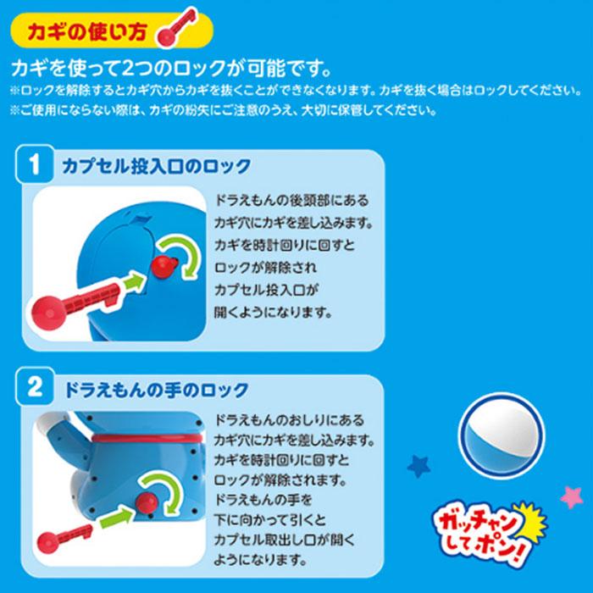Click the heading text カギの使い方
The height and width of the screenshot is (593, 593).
87,31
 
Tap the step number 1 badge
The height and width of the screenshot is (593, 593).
35,164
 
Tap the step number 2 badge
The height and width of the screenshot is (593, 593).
35,386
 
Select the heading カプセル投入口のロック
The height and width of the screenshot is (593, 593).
157,166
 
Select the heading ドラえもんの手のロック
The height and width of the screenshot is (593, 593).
157,389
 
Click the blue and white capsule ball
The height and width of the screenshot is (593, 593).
502,435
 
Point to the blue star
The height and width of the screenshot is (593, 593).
419,466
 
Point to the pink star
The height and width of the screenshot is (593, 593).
572,497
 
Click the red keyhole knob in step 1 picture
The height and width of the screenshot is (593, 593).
164,267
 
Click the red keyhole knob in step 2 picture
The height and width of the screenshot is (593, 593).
147,503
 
